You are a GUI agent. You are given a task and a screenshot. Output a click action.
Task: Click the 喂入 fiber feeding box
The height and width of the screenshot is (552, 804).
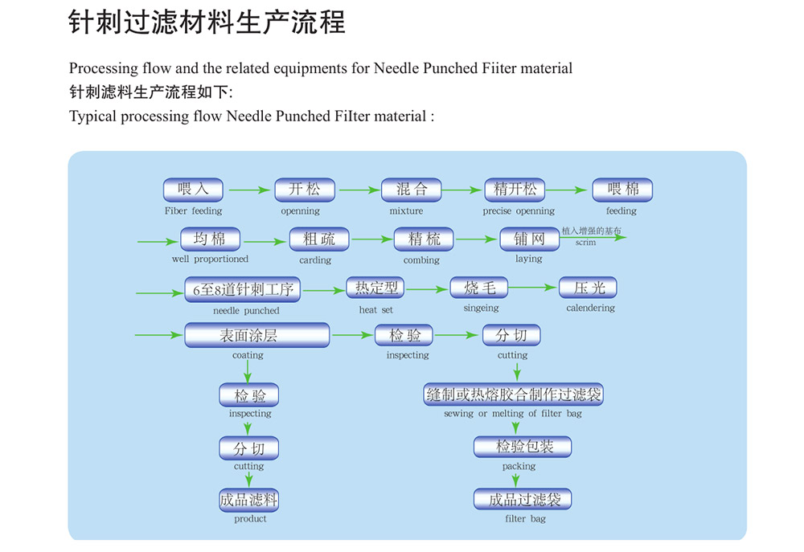pyautogui.click(x=193, y=190)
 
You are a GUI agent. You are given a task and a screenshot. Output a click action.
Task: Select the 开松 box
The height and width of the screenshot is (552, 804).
pyautogui.click(x=304, y=190)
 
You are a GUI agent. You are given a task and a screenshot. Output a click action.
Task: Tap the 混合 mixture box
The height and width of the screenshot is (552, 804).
pyautogui.click(x=411, y=190)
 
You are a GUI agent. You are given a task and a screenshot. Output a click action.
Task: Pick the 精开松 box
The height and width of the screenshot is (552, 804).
pyautogui.click(x=515, y=190)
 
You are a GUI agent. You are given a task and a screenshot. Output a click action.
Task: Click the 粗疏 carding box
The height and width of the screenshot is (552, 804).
pyautogui.click(x=320, y=239)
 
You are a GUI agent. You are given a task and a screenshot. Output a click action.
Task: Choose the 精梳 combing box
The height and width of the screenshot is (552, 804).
pyautogui.click(x=424, y=239)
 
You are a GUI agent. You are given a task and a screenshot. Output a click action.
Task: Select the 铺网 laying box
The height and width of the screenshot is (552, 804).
pyautogui.click(x=529, y=239)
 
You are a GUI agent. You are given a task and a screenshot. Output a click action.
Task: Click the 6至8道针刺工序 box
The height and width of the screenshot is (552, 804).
pyautogui.click(x=242, y=288)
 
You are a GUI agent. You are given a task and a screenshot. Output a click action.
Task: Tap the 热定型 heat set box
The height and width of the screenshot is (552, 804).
pyautogui.click(x=375, y=288)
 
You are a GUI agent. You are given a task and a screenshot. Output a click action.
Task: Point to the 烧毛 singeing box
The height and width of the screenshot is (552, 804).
pyautogui.click(x=479, y=287)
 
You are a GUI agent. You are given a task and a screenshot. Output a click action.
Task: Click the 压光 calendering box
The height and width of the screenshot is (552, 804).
pyautogui.click(x=589, y=287)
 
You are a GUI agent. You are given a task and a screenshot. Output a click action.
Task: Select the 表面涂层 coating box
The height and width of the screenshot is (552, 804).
pyautogui.click(x=256, y=334)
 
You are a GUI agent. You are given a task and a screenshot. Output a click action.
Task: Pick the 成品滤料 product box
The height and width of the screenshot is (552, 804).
pyautogui.click(x=248, y=500)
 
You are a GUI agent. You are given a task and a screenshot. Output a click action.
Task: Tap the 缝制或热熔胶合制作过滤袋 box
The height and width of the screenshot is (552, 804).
pyautogui.click(x=513, y=395)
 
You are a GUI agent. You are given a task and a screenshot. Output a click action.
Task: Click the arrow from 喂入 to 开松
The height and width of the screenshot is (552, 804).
pyautogui.click(x=249, y=190)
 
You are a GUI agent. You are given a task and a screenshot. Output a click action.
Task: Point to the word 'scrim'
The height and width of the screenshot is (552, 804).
pyautogui.click(x=586, y=243)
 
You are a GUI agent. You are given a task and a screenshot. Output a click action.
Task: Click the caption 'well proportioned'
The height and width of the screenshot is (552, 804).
pyautogui.click(x=210, y=259)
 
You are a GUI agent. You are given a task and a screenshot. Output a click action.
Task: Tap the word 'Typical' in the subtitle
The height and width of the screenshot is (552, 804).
pyautogui.click(x=92, y=117)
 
